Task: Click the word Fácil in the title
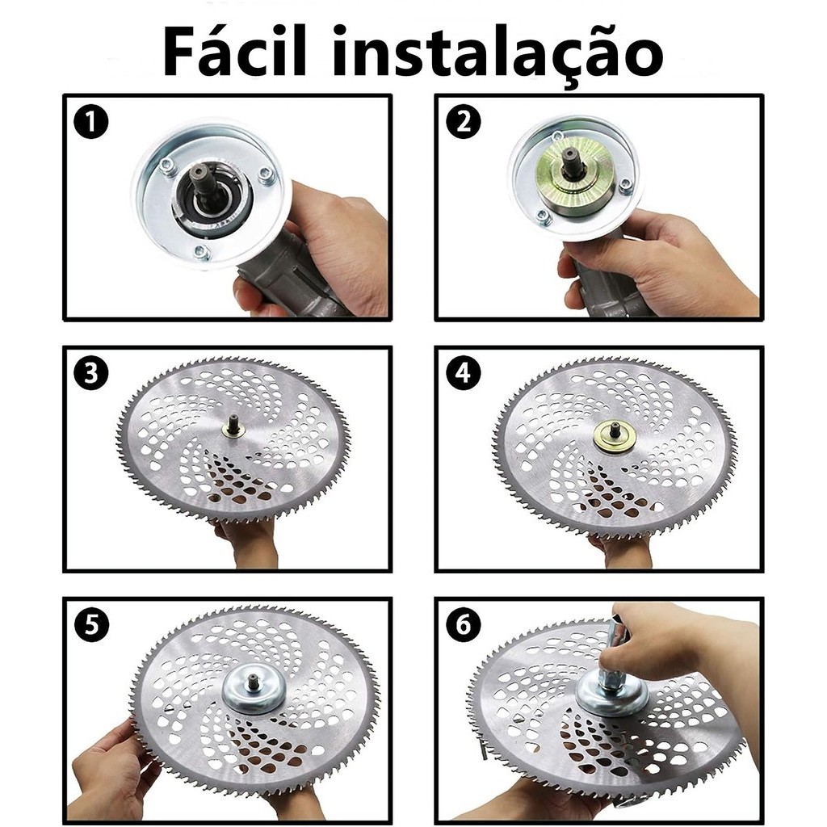pyautogui.click(x=234, y=52)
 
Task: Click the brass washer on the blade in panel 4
pyautogui.click(x=614, y=436)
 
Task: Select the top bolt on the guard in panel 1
pyautogui.click(x=168, y=166)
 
